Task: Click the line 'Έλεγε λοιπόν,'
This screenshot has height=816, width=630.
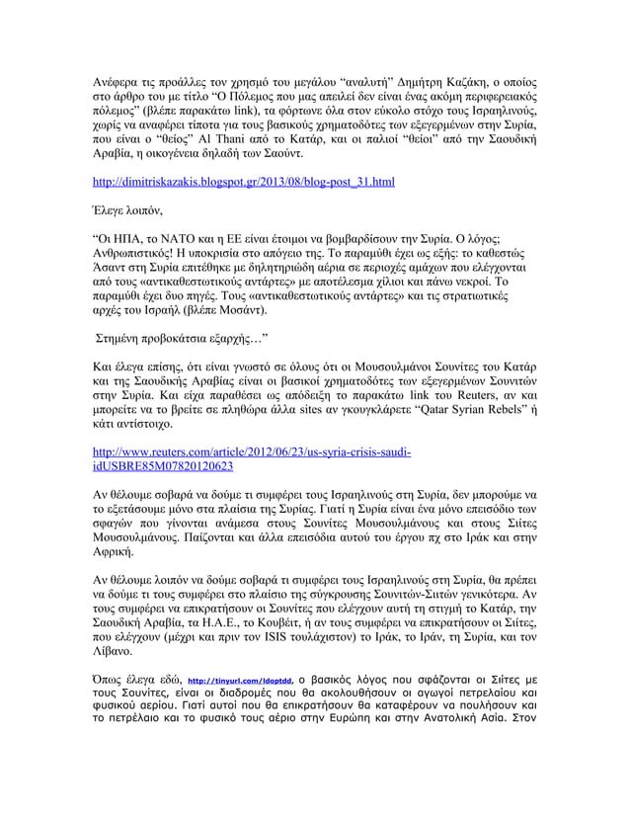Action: click(124, 210)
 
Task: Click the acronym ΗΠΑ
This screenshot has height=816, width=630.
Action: click(137, 238)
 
